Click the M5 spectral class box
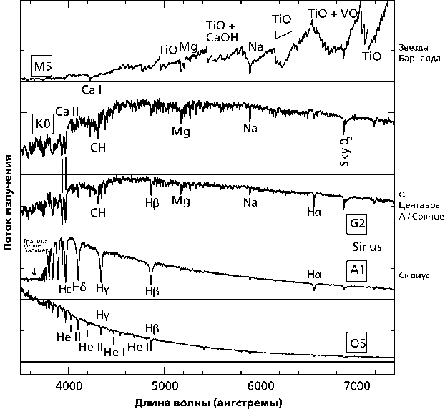[x=41, y=67]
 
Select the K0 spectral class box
[x=43, y=122]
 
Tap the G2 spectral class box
[x=358, y=224]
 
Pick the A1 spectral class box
[x=358, y=270]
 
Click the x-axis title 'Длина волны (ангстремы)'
[x=207, y=403]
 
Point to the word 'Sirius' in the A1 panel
[x=366, y=247]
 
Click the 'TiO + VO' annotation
[x=331, y=14]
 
